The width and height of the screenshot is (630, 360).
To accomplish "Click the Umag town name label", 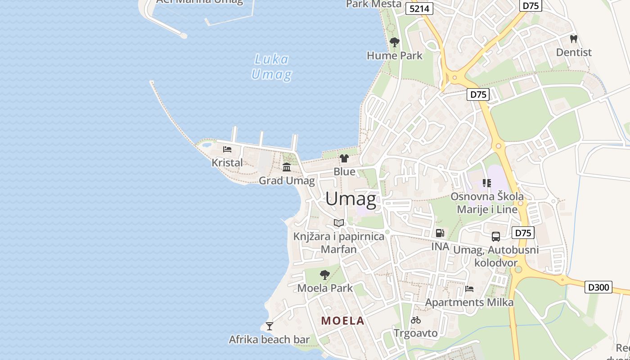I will [351, 198].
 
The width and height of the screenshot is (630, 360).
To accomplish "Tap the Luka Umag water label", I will [271, 67].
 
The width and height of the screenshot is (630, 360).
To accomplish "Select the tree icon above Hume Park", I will [395, 42].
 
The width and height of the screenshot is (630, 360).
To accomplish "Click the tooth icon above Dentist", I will [573, 39].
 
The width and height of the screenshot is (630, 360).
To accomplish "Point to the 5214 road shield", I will [419, 9].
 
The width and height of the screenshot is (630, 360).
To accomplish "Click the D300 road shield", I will [598, 287].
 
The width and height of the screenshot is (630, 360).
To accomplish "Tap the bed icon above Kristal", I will [227, 149].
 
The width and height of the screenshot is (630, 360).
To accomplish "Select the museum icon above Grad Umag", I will [287, 167].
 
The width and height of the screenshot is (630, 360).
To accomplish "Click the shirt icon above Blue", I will [344, 158].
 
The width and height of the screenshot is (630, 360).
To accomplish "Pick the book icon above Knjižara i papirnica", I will [339, 223].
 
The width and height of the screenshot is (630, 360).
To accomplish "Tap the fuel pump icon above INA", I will [440, 233].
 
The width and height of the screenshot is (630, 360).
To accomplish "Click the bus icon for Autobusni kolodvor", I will [495, 236].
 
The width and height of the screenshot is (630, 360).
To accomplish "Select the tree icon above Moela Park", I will [324, 274].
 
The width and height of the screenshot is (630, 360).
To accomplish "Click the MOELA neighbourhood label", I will [342, 321].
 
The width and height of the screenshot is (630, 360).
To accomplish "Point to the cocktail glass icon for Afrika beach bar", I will [269, 326].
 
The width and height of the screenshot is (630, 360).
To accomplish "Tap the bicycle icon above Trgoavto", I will [416, 320].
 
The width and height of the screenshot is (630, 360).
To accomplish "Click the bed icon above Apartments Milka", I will [469, 288].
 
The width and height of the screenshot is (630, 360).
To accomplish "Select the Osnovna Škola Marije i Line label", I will [487, 203].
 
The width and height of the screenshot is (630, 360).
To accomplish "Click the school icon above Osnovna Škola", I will [486, 183].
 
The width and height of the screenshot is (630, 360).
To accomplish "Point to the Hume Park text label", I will [395, 56].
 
